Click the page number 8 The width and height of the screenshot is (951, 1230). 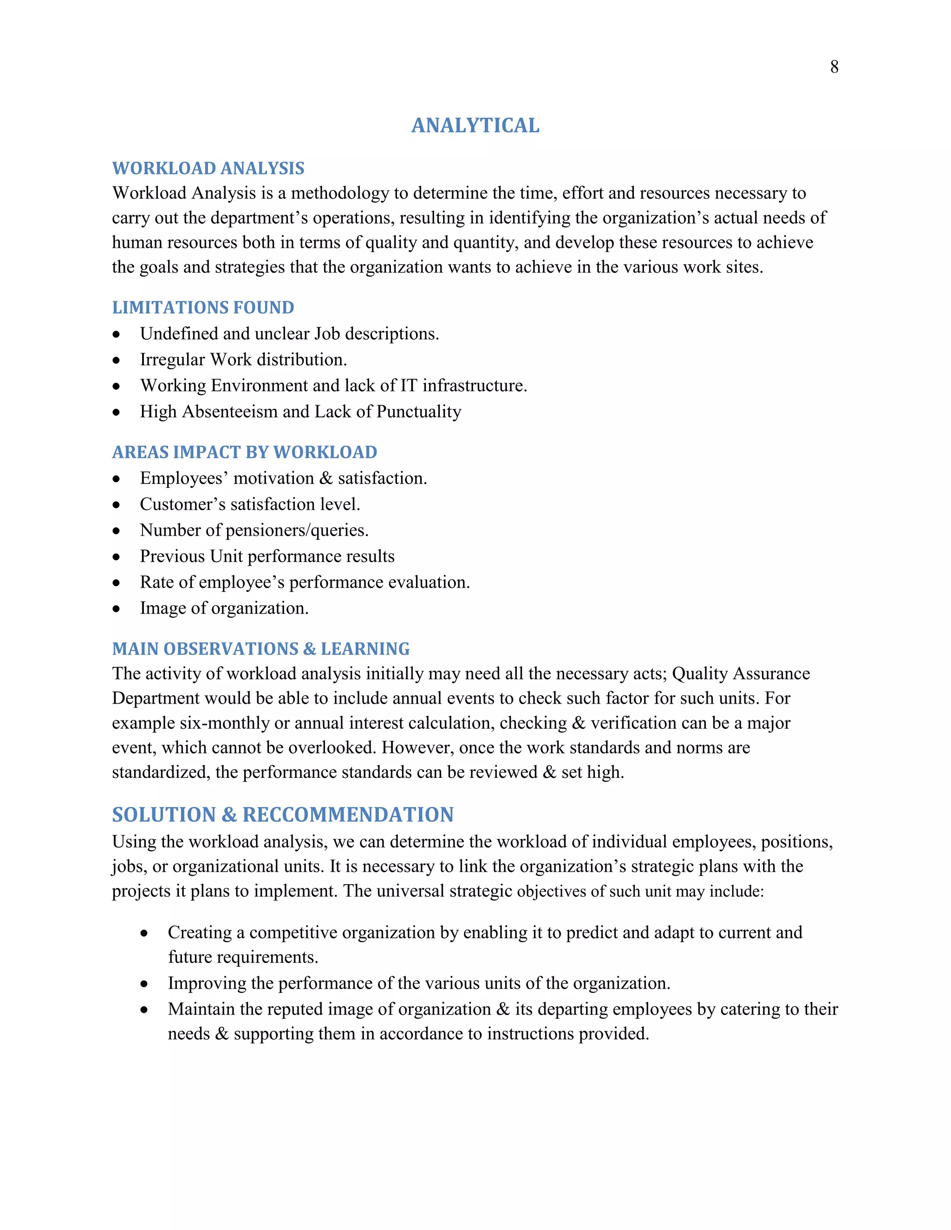[834, 67]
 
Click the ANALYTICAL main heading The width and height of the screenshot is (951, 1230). [475, 126]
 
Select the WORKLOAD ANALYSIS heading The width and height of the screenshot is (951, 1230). [208, 168]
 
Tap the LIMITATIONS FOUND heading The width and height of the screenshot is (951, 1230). [203, 307]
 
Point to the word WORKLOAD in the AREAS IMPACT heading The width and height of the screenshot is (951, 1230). [325, 452]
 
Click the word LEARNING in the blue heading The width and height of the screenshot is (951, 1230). [365, 649]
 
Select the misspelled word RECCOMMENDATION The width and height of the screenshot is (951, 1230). [348, 815]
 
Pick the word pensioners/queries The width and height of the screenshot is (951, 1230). [296, 531]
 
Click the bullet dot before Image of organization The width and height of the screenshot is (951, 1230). [116, 609]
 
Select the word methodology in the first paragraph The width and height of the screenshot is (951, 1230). [340, 193]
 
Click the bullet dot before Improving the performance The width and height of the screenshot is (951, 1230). [144, 984]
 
